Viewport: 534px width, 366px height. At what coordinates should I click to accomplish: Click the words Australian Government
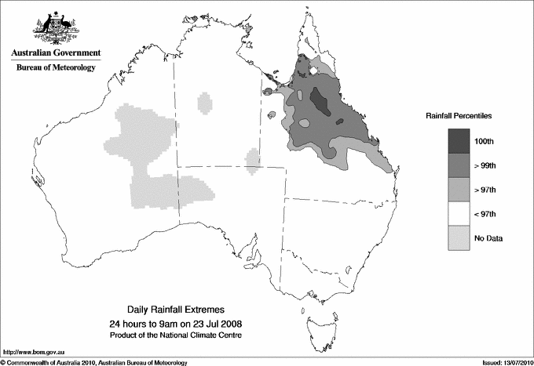[x=55, y=53]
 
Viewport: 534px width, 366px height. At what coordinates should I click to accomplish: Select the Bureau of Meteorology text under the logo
[x=55, y=68]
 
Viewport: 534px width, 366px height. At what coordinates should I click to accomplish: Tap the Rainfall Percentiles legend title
[x=459, y=115]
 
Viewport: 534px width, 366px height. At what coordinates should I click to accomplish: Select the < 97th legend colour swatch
[x=459, y=212]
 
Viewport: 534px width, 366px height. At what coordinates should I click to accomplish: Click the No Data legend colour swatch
[x=459, y=237]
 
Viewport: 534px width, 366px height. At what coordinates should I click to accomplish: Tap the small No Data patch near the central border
[x=253, y=160]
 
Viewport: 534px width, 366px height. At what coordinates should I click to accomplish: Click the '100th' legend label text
[x=483, y=140]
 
